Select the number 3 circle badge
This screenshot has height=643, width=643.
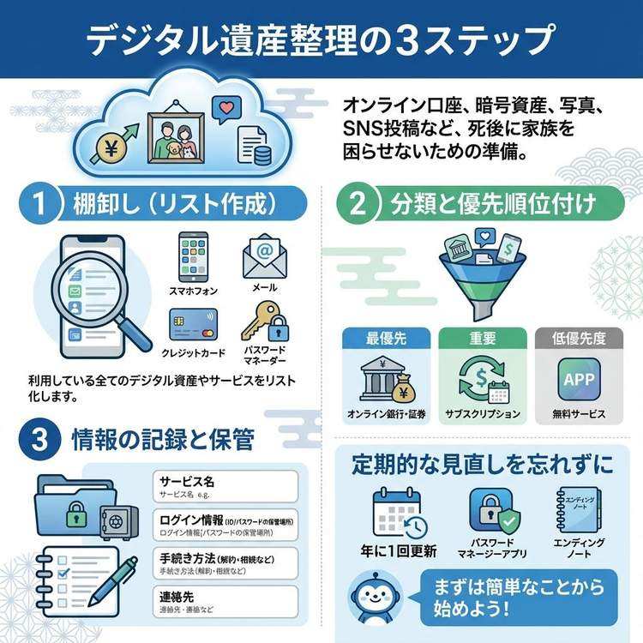(39, 441)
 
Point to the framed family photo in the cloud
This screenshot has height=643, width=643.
(171, 135)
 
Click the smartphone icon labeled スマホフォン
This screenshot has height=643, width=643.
(192, 255)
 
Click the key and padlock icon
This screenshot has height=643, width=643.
(263, 323)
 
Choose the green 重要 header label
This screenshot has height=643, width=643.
(482, 338)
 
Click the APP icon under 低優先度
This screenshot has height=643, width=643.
(579, 378)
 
